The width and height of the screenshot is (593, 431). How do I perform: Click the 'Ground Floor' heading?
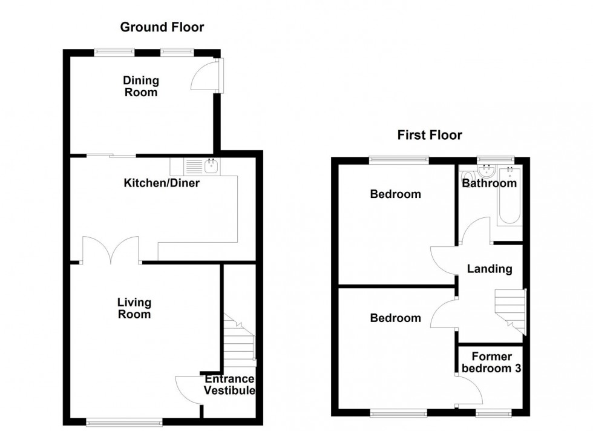tap(162, 27)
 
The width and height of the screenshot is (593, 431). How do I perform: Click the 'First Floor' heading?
tap(429, 134)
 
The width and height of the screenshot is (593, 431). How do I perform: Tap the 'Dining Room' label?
tap(141, 86)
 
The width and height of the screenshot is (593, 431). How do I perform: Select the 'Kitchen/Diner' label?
tap(162, 182)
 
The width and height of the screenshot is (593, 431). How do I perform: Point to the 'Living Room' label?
tap(134, 308)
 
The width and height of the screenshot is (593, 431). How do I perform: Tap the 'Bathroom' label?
tap(490, 183)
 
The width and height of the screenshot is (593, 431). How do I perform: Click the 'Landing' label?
tap(490, 269)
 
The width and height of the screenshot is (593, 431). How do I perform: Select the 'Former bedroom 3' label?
tap(491, 362)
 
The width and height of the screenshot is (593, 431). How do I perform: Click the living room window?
tap(124, 421)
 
